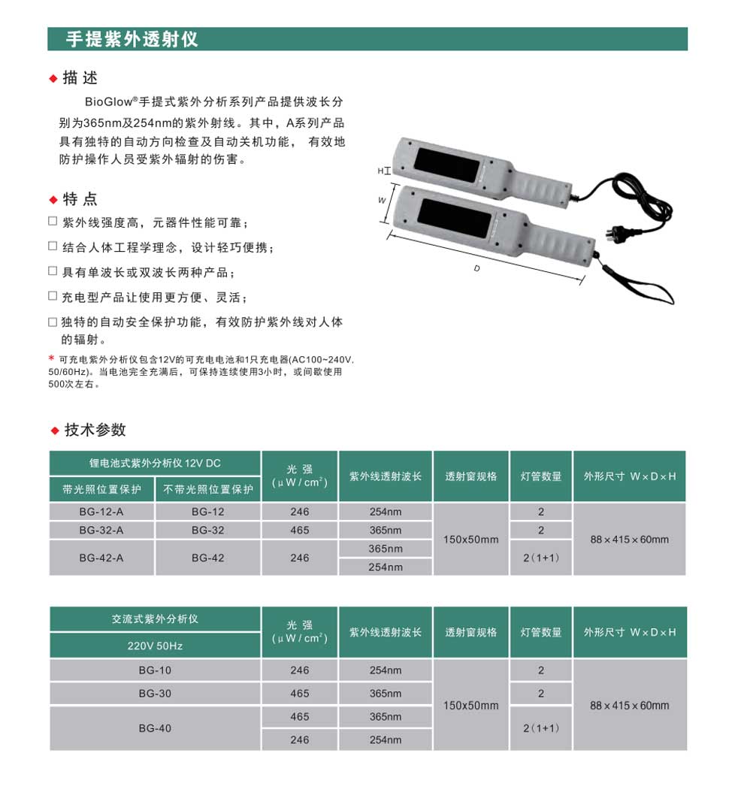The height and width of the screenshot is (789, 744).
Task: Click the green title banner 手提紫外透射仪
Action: [367, 39]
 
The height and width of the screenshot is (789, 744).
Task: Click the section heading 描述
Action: [80, 78]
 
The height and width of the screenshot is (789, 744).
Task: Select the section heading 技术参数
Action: [95, 430]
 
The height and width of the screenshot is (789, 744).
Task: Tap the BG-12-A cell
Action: [101, 512]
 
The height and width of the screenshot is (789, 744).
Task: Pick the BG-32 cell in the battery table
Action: [207, 530]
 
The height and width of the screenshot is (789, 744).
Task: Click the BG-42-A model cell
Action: [101, 558]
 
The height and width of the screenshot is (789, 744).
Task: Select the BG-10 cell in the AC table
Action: [155, 670]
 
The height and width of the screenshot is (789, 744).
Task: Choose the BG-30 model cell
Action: [155, 694]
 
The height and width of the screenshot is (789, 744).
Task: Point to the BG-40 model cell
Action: [155, 728]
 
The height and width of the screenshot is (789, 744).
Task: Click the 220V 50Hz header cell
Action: [155, 645]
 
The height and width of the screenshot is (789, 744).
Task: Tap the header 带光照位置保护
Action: [101, 489]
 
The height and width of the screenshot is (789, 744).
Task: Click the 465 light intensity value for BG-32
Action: [299, 530]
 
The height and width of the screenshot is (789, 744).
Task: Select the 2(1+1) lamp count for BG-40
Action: [540, 728]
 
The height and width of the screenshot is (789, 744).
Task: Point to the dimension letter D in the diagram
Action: [476, 268]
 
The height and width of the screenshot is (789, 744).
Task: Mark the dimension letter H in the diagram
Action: [380, 171]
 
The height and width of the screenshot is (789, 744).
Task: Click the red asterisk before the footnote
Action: [52, 358]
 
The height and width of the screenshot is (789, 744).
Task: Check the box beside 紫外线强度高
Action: [53, 222]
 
